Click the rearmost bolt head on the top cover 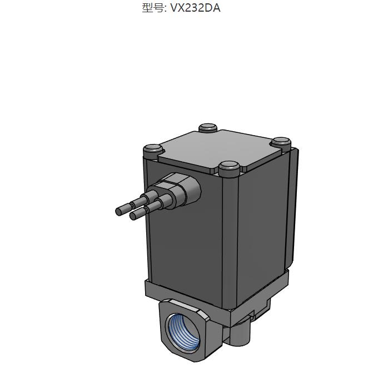click(208, 128)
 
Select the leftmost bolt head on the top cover click(152, 150)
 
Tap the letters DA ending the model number click(213, 8)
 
